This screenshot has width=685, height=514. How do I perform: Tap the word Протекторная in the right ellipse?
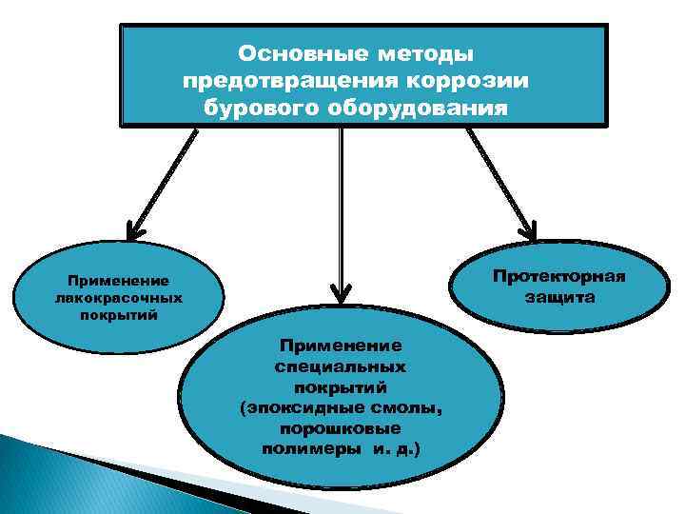tap(559, 277)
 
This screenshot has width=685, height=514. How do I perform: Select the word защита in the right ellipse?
tap(559, 298)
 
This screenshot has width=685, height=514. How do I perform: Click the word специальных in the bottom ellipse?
tap(340, 366)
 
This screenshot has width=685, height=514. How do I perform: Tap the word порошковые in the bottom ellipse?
tap(341, 429)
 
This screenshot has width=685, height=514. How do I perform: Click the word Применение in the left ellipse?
tap(118, 281)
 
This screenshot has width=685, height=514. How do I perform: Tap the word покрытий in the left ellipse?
tap(118, 314)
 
